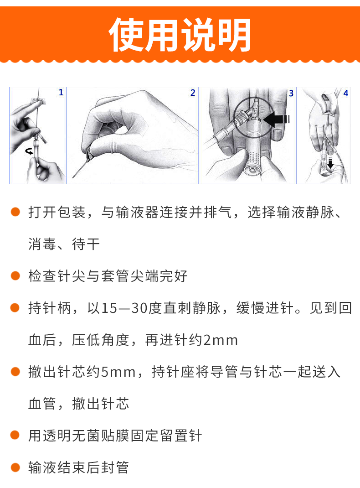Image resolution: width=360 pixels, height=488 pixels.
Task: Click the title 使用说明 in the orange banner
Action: click(x=180, y=35)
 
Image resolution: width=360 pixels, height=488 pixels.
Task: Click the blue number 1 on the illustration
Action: click(x=61, y=93)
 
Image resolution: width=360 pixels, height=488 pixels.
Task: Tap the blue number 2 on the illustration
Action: click(x=193, y=93)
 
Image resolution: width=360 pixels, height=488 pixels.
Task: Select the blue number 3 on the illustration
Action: click(x=291, y=93)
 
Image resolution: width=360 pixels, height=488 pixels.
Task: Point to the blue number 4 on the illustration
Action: click(x=346, y=93)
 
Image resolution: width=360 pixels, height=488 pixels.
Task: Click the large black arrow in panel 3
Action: click(x=277, y=119)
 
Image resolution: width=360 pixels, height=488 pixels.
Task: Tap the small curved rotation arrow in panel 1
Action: click(x=29, y=151)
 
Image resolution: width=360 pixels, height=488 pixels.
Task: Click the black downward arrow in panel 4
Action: click(x=330, y=163)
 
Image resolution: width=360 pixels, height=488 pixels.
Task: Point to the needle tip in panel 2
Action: click(x=73, y=177)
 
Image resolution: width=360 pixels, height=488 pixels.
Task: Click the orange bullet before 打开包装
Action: click(x=15, y=212)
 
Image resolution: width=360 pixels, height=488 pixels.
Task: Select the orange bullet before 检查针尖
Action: click(x=15, y=276)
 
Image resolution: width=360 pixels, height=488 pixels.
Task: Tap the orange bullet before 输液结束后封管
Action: click(x=15, y=467)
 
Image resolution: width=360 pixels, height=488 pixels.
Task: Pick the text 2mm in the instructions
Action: click(x=221, y=340)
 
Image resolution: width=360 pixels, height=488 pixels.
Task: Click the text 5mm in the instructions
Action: click(x=118, y=372)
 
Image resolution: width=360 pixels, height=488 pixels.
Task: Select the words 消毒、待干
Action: click(x=64, y=244)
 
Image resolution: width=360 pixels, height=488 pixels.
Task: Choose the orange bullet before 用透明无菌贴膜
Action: click(x=15, y=435)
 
